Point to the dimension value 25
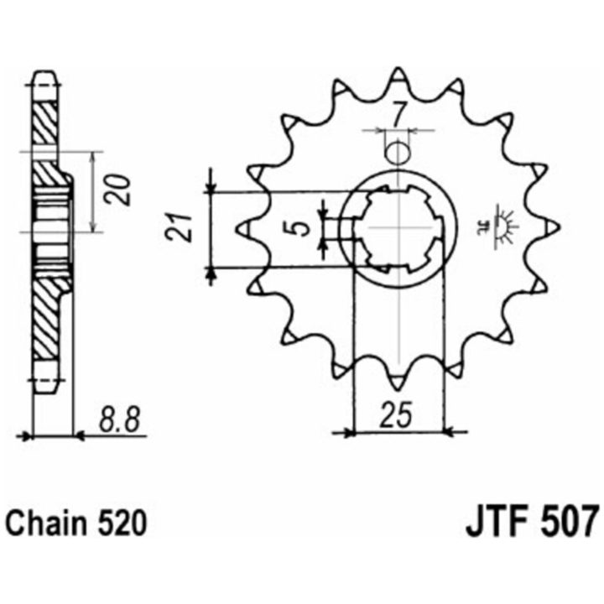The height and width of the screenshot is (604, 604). [397, 415]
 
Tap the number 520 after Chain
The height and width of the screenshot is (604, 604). [122, 523]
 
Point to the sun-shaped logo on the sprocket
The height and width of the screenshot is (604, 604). [499, 227]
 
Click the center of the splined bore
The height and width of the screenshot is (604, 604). [398, 228]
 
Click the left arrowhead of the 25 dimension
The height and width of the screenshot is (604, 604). [348, 434]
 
